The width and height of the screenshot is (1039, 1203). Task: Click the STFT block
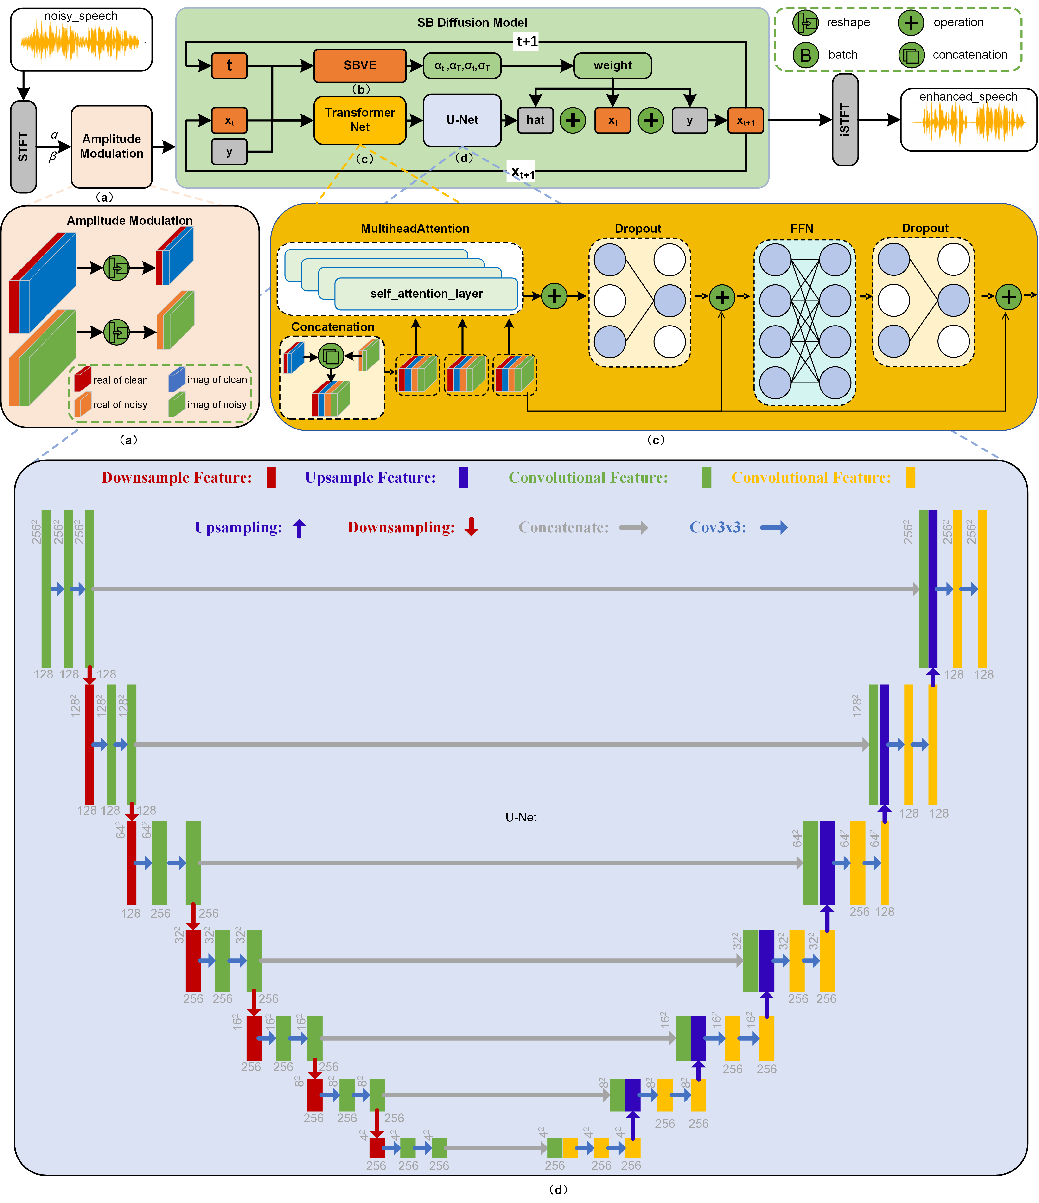23,146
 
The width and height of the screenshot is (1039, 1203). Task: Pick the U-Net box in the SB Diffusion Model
462,120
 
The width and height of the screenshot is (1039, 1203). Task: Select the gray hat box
535,120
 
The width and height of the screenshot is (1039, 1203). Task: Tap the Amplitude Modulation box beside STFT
111,146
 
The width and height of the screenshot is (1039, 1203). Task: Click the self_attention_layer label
426,294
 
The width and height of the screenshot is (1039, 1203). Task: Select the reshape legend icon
806,23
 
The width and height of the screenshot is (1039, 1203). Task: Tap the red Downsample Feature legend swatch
270,478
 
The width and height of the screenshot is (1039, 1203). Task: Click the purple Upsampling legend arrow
299,528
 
